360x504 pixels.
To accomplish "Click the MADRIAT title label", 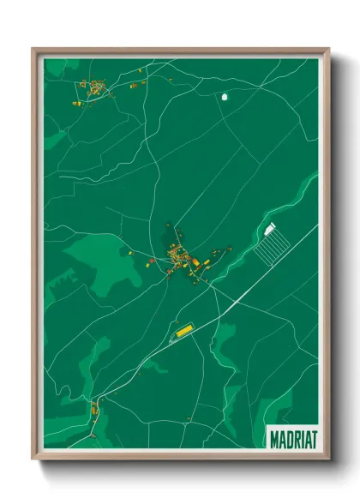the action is [x=292, y=438].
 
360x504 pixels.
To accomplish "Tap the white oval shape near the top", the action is [x=225, y=97].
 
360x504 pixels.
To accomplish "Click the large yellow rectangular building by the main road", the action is [x=184, y=330].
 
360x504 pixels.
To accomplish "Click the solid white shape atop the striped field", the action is [x=272, y=227].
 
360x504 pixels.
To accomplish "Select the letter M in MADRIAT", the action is [x=274, y=438].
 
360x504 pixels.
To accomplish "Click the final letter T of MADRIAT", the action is [x=312, y=438].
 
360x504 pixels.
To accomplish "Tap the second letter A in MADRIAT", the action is [x=305, y=438].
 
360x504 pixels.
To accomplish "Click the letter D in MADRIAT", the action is [x=289, y=438].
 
